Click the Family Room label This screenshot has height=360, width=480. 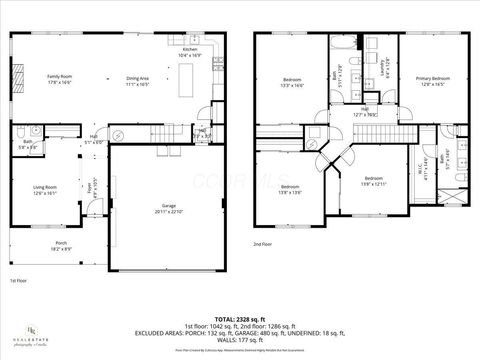coord(60,78)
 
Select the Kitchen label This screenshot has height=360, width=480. coord(189,51)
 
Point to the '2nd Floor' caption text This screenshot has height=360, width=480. coord(263,244)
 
